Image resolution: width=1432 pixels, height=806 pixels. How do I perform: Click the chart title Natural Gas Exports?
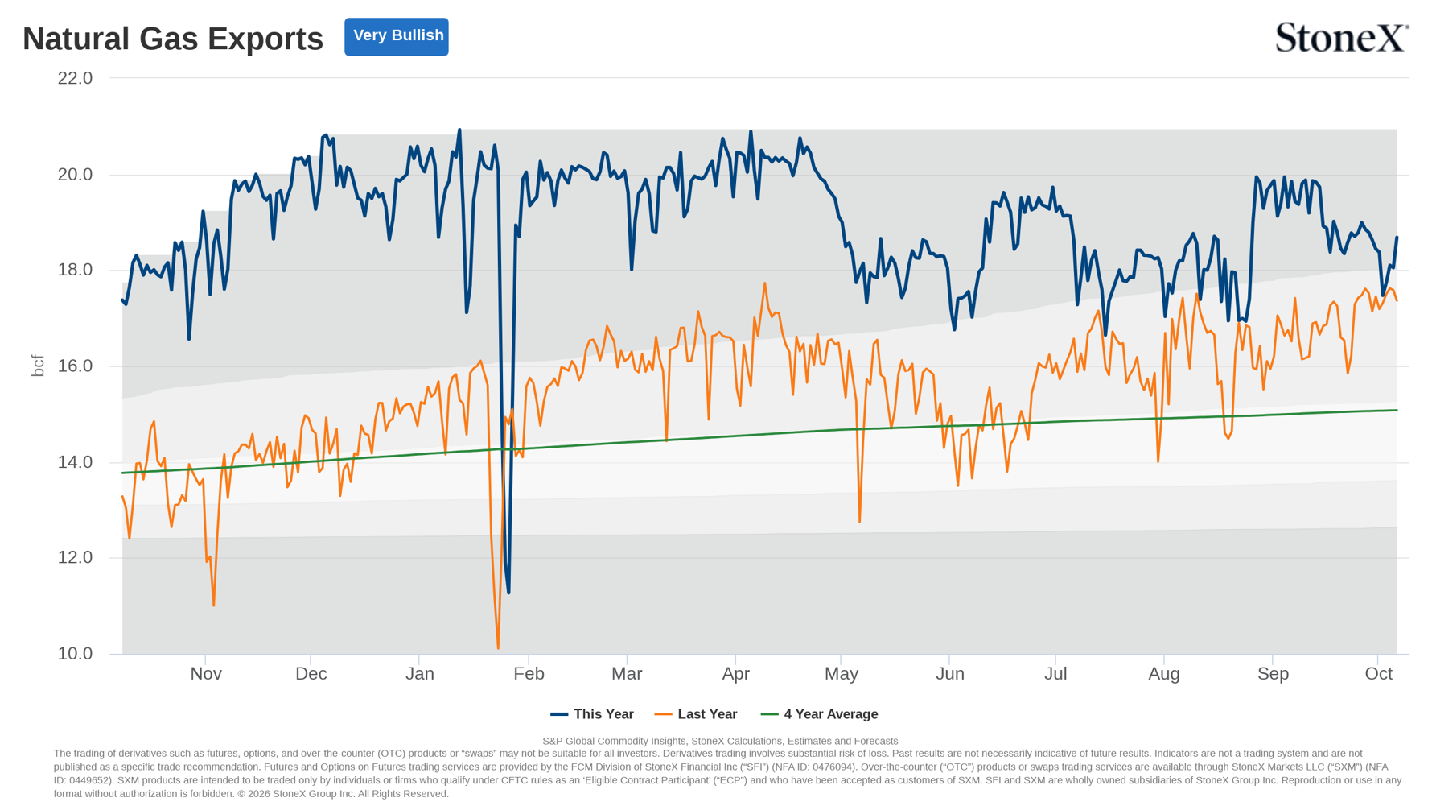click(173, 39)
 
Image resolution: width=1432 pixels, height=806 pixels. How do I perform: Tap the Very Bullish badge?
click(397, 36)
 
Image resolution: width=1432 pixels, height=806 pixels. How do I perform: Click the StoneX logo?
click(1341, 38)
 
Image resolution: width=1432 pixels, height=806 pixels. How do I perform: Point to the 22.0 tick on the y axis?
click(75, 78)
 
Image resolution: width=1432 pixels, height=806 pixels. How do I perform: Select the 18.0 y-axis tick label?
click(75, 270)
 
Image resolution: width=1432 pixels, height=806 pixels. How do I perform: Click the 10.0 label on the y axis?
click(75, 654)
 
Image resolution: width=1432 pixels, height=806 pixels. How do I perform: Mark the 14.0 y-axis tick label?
click(75, 462)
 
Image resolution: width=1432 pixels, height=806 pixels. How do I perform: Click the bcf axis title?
click(38, 366)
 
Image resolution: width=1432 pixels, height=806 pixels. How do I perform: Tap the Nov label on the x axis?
click(206, 674)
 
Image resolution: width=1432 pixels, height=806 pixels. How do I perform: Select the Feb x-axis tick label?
click(529, 674)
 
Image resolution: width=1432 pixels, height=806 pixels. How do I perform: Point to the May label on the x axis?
click(842, 674)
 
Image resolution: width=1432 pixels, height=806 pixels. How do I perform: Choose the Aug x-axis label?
click(1164, 674)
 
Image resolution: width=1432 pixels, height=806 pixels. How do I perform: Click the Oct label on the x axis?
click(1379, 674)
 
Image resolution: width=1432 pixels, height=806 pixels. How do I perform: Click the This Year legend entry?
click(592, 714)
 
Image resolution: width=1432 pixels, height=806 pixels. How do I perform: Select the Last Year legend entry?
click(696, 714)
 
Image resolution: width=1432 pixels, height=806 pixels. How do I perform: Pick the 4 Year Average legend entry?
click(820, 714)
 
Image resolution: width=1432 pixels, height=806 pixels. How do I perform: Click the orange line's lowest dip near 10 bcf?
click(498, 647)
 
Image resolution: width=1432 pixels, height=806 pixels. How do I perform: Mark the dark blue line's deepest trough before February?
click(508, 593)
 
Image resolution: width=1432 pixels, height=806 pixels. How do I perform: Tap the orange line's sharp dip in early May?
click(859, 521)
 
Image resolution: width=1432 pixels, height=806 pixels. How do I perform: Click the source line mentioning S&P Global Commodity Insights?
click(720, 741)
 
